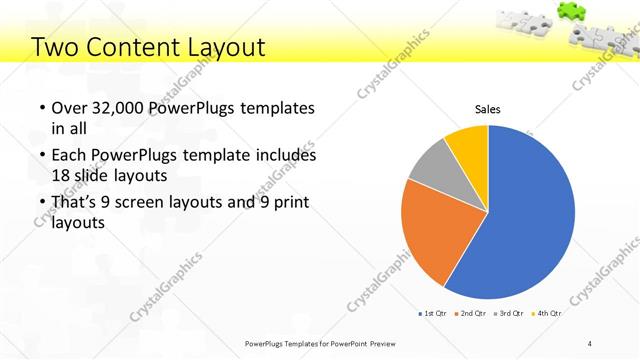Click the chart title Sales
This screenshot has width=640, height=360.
click(487, 109)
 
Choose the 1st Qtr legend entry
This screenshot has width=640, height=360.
click(436, 314)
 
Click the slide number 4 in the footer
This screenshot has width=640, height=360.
click(590, 344)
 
